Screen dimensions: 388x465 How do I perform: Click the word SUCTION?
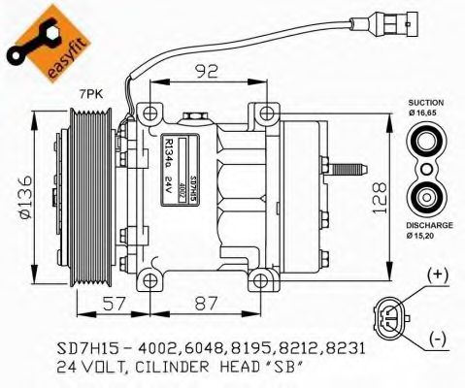click(425, 102)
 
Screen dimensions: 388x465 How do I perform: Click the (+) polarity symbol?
click(437, 275)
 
